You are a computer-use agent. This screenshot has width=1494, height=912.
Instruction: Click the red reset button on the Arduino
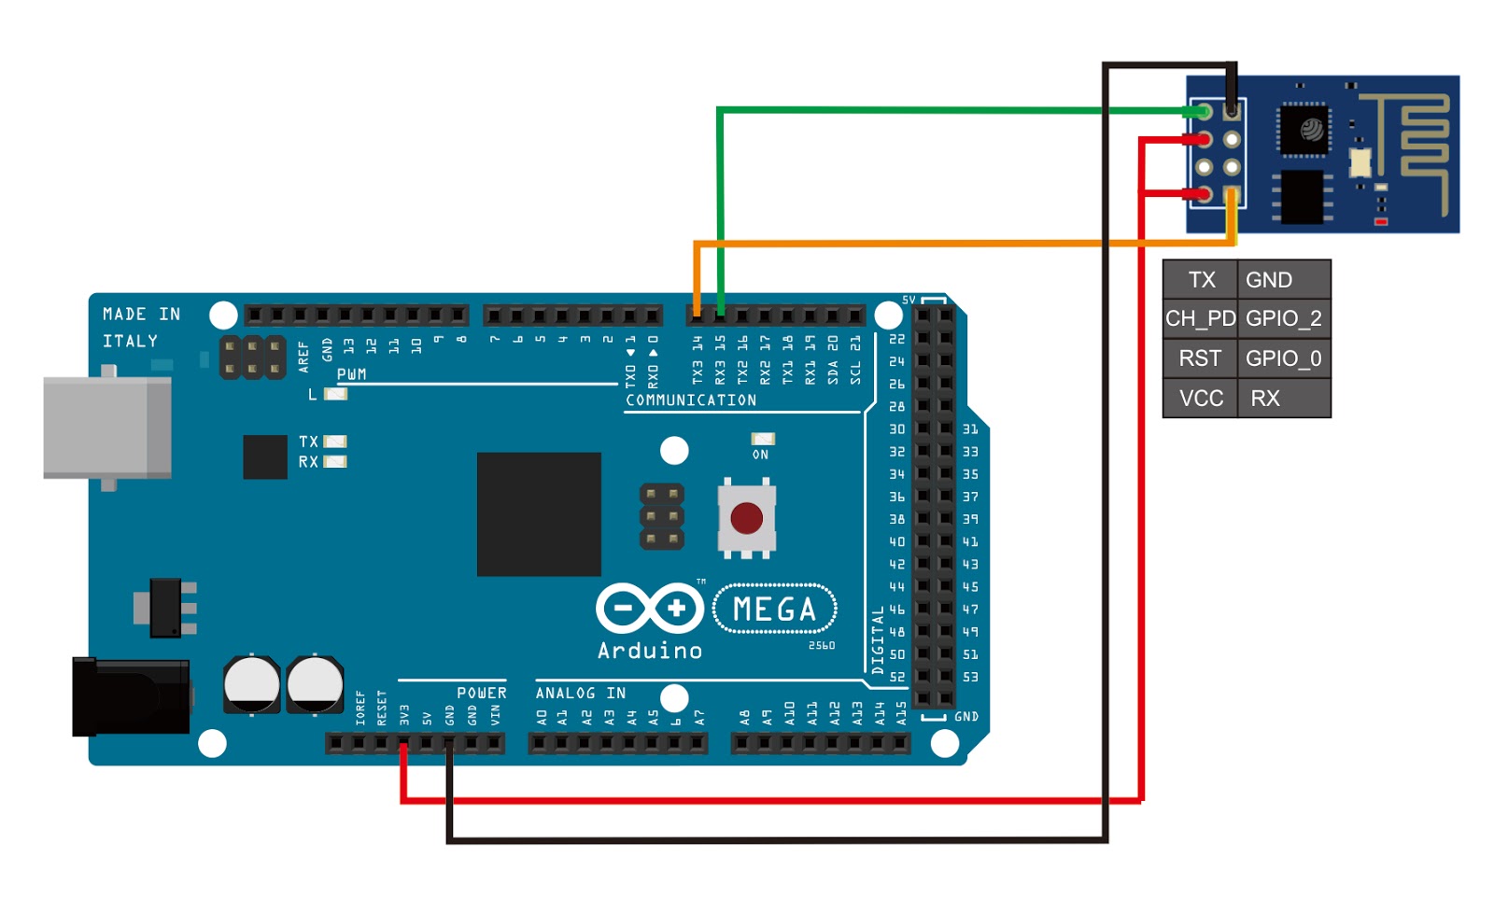746,517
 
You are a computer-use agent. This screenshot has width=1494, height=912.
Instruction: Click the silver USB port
106,427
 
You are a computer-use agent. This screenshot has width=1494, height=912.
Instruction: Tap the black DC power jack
131,696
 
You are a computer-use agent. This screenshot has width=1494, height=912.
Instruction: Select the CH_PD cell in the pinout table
1200,319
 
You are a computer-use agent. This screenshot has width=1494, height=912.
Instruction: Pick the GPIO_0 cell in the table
1283,358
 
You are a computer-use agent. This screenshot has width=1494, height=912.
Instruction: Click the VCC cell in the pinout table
1200,399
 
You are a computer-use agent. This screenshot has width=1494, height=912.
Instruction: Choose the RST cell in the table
1200,358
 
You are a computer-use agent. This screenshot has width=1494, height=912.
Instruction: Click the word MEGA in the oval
774,610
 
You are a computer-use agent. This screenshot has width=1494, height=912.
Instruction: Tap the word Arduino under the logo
649,651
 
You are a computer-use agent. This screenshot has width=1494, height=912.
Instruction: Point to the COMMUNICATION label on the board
691,400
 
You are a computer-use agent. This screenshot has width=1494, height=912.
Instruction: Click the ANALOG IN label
580,693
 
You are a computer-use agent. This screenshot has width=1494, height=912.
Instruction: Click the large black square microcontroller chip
539,514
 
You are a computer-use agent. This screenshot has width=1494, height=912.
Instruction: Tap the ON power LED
763,439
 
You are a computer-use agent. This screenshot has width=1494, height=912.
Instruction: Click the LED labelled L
335,394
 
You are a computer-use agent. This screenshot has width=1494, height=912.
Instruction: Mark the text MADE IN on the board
141,315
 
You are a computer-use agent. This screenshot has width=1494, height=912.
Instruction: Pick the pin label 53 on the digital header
970,677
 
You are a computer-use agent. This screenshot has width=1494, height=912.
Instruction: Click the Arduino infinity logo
650,609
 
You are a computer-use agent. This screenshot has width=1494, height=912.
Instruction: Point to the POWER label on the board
481,693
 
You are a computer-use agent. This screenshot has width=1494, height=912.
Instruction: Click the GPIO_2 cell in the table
1283,319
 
